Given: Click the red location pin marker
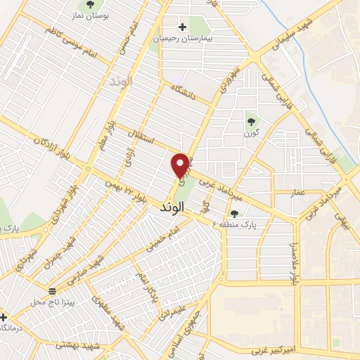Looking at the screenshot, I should (181, 166).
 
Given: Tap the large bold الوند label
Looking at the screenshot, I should (172, 207).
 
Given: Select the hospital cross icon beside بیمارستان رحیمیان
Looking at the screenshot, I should (183, 27).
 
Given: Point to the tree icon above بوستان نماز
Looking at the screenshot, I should (89, 4).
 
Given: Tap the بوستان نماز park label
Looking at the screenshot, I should (89, 15).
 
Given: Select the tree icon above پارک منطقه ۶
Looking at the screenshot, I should (234, 214).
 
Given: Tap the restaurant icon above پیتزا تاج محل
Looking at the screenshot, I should (51, 290).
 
